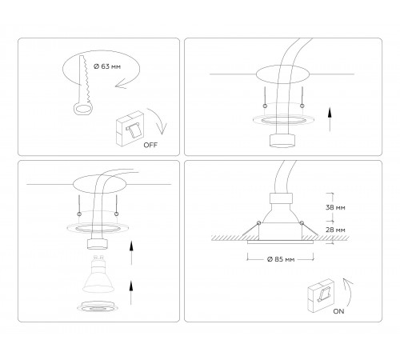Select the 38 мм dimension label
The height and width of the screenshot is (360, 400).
337,206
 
